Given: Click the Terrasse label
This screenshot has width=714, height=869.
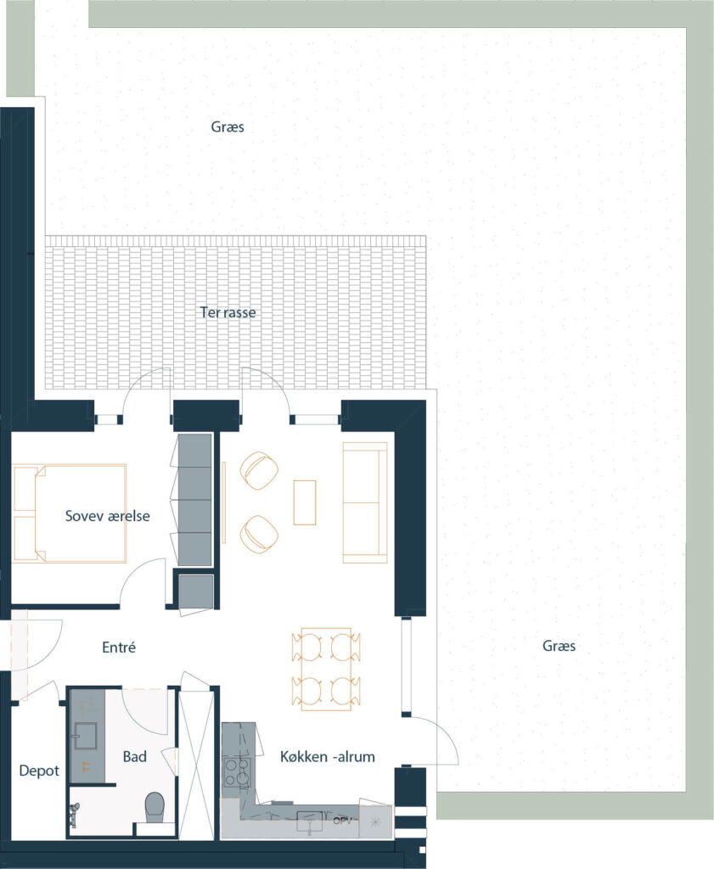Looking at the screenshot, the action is [228, 312].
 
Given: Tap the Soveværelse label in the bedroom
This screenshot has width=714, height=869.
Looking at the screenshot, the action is [108, 516].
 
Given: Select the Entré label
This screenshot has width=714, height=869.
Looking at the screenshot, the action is [119, 647].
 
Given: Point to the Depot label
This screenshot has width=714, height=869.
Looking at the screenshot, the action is [39, 771].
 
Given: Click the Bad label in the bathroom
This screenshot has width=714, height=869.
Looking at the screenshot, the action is [135, 756].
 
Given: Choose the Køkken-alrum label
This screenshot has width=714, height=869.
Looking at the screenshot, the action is [327, 756].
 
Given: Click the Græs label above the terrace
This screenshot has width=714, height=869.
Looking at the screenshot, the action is [228, 127].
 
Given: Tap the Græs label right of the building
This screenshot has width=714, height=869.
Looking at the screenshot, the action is [559, 646].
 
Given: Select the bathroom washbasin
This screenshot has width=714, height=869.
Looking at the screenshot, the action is [86, 736].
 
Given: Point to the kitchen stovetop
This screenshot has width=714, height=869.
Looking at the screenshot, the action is [236, 772].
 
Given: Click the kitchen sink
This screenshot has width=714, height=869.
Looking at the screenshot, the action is [309, 821].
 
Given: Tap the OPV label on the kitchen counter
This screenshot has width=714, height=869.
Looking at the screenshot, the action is [342, 821].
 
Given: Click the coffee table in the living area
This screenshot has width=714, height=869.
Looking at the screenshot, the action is [304, 502].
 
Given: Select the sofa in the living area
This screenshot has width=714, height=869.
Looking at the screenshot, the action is [365, 502].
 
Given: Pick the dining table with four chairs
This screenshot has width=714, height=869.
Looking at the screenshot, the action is [326, 669].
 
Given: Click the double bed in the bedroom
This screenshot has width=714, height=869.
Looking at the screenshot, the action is [70, 513].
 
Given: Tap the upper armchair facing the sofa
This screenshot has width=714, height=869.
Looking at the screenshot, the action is [259, 470].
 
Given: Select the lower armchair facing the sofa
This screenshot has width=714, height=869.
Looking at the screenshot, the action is [259, 535].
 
